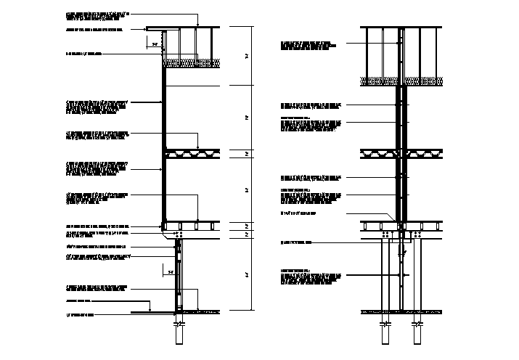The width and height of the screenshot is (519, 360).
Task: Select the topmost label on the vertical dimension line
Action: [x=248, y=56]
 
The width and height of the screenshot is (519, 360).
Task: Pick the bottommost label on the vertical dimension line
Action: [x=248, y=274]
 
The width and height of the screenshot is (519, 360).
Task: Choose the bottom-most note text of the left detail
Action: [x=80, y=314]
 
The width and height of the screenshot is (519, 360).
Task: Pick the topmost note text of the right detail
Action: [x=308, y=45]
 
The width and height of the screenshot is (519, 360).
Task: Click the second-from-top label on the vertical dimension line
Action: [x=248, y=116]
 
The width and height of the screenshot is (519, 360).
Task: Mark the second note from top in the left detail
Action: [x=93, y=30]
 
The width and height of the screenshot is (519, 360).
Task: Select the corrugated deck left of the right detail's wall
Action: [x=379, y=153]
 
